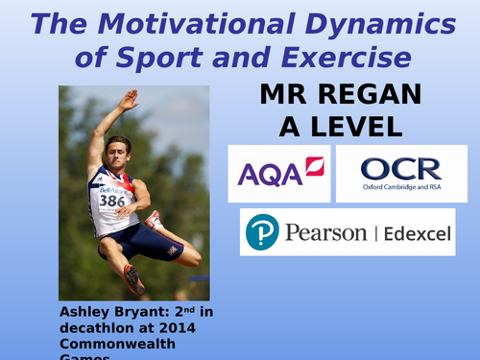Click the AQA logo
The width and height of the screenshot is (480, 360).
[279, 174]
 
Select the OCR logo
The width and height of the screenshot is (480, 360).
[400, 174]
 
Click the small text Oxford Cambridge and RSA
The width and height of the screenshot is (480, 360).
[400, 187]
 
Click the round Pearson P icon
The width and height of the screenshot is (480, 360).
[262, 233]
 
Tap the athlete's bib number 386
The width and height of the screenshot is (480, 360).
[112, 201]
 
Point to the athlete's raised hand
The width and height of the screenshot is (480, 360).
[129, 99]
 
